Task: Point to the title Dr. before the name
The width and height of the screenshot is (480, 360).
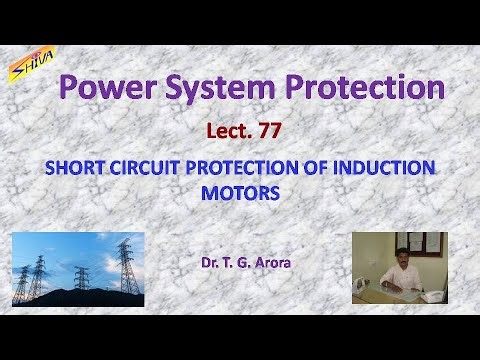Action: coord(209,264)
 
